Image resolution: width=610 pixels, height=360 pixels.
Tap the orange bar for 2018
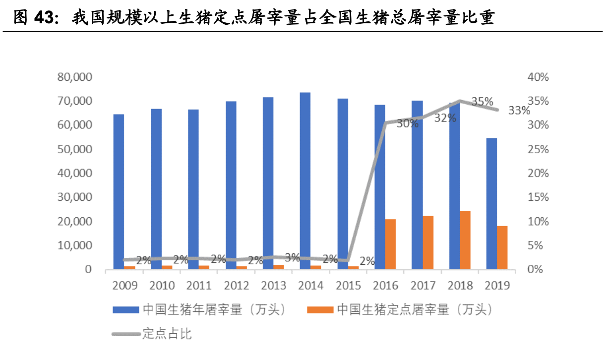(x=465, y=240)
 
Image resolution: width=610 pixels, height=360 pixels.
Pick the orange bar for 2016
(x=390, y=244)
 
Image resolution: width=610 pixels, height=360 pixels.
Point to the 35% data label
(x=482, y=102)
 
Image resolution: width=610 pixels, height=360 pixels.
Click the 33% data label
(x=519, y=111)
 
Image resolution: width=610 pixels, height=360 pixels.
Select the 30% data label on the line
(x=407, y=124)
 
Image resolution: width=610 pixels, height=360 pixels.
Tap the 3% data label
(x=293, y=258)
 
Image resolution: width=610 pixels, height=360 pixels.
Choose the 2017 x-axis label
(x=423, y=286)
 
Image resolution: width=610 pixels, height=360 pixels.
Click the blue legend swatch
(x=125, y=310)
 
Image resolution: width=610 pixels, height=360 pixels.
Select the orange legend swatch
(x=319, y=310)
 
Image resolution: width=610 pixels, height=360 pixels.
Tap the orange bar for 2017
(x=427, y=242)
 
